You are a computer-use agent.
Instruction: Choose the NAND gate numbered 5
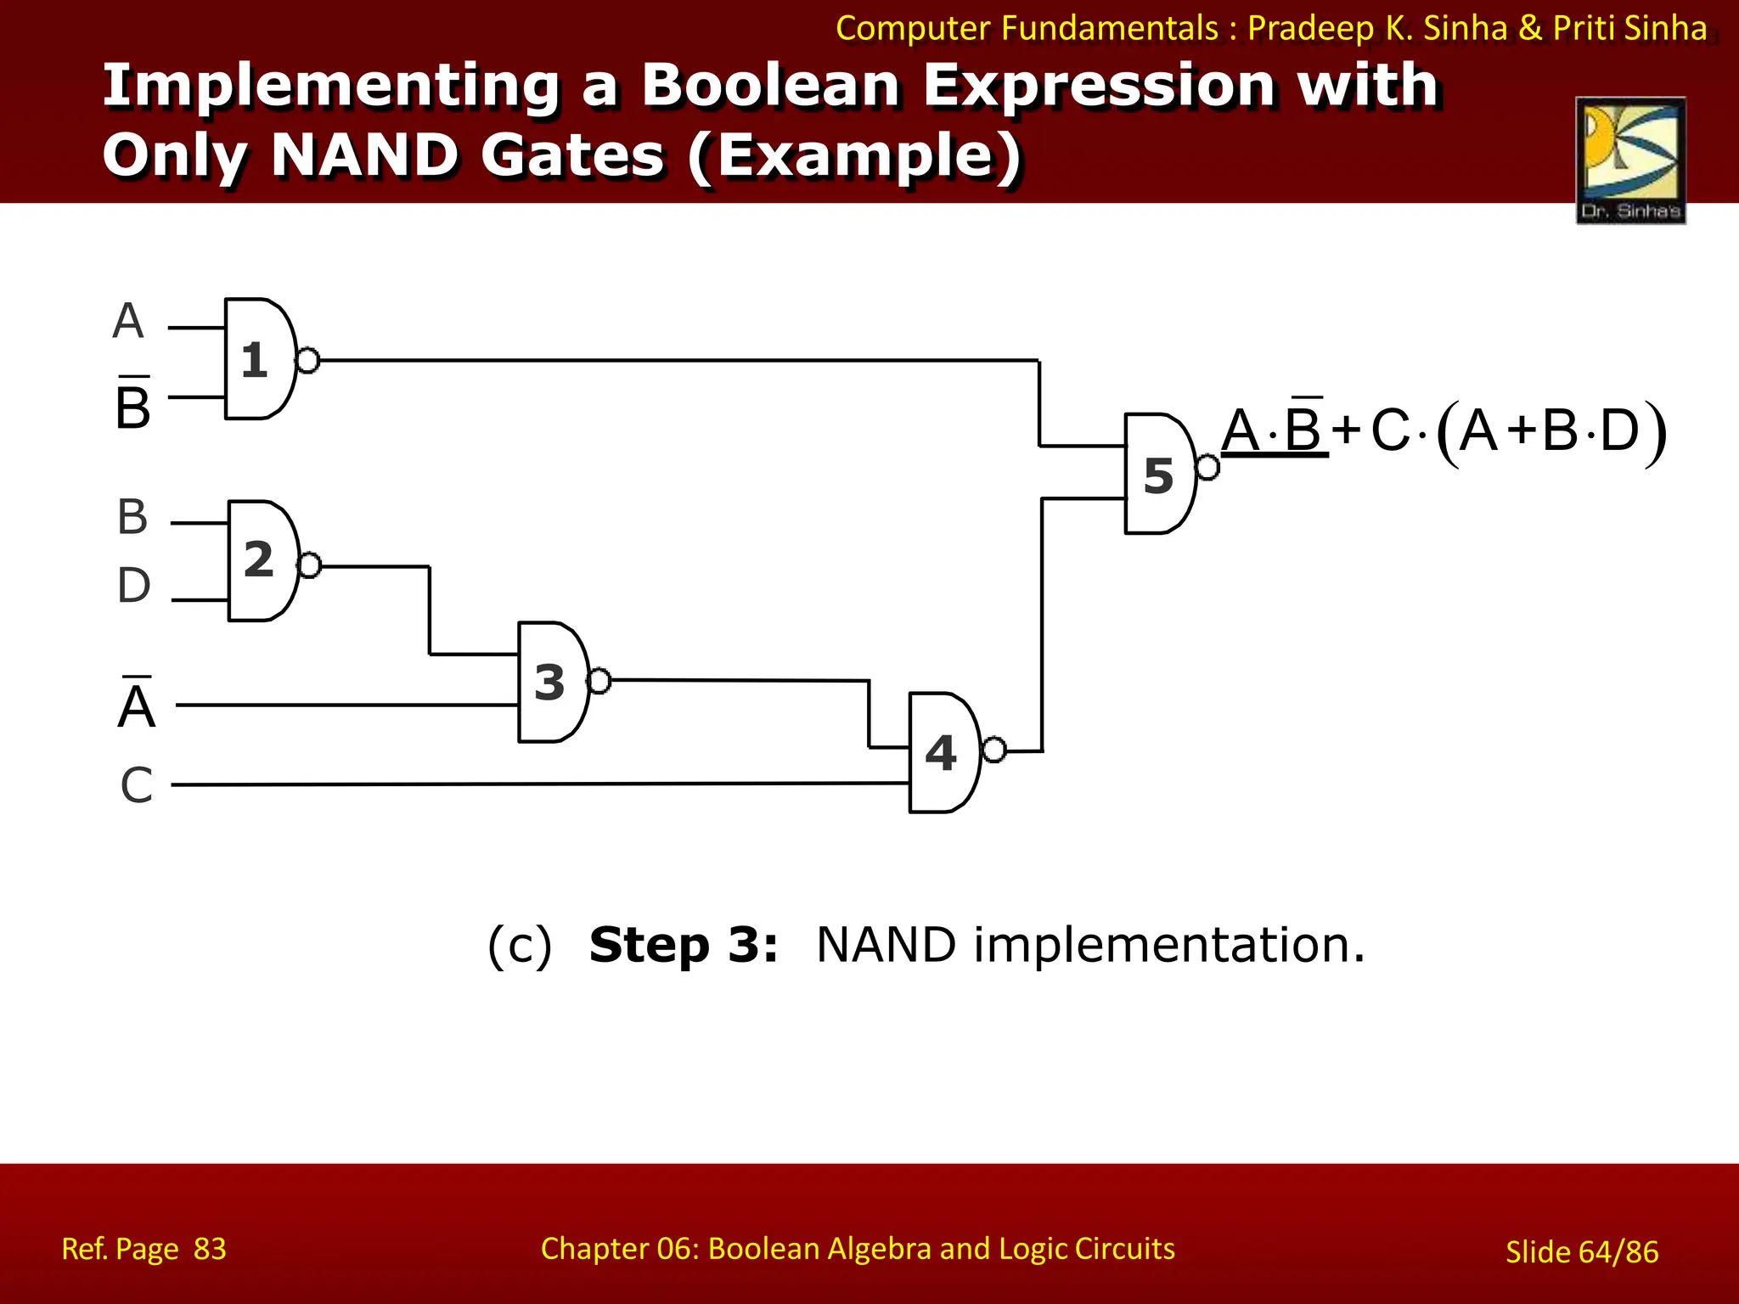pos(1158,474)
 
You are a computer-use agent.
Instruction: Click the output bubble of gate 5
pos(1207,467)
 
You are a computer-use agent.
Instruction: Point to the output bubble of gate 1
pos(307,361)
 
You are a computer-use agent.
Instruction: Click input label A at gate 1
pos(128,322)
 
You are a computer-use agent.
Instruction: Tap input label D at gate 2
pos(134,586)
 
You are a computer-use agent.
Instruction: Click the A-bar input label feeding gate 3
pos(137,705)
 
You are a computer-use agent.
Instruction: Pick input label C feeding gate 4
pos(137,785)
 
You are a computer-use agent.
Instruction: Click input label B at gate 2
pos(132,517)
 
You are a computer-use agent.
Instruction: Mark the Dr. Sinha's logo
pos(1630,160)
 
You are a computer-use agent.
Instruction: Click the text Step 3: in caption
pos(684,945)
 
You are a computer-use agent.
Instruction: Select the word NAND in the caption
pos(886,945)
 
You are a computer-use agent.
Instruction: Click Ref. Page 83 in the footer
pos(144,1249)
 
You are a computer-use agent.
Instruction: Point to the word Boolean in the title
pos(769,86)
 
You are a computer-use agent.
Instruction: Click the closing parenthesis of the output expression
pos(1655,435)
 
